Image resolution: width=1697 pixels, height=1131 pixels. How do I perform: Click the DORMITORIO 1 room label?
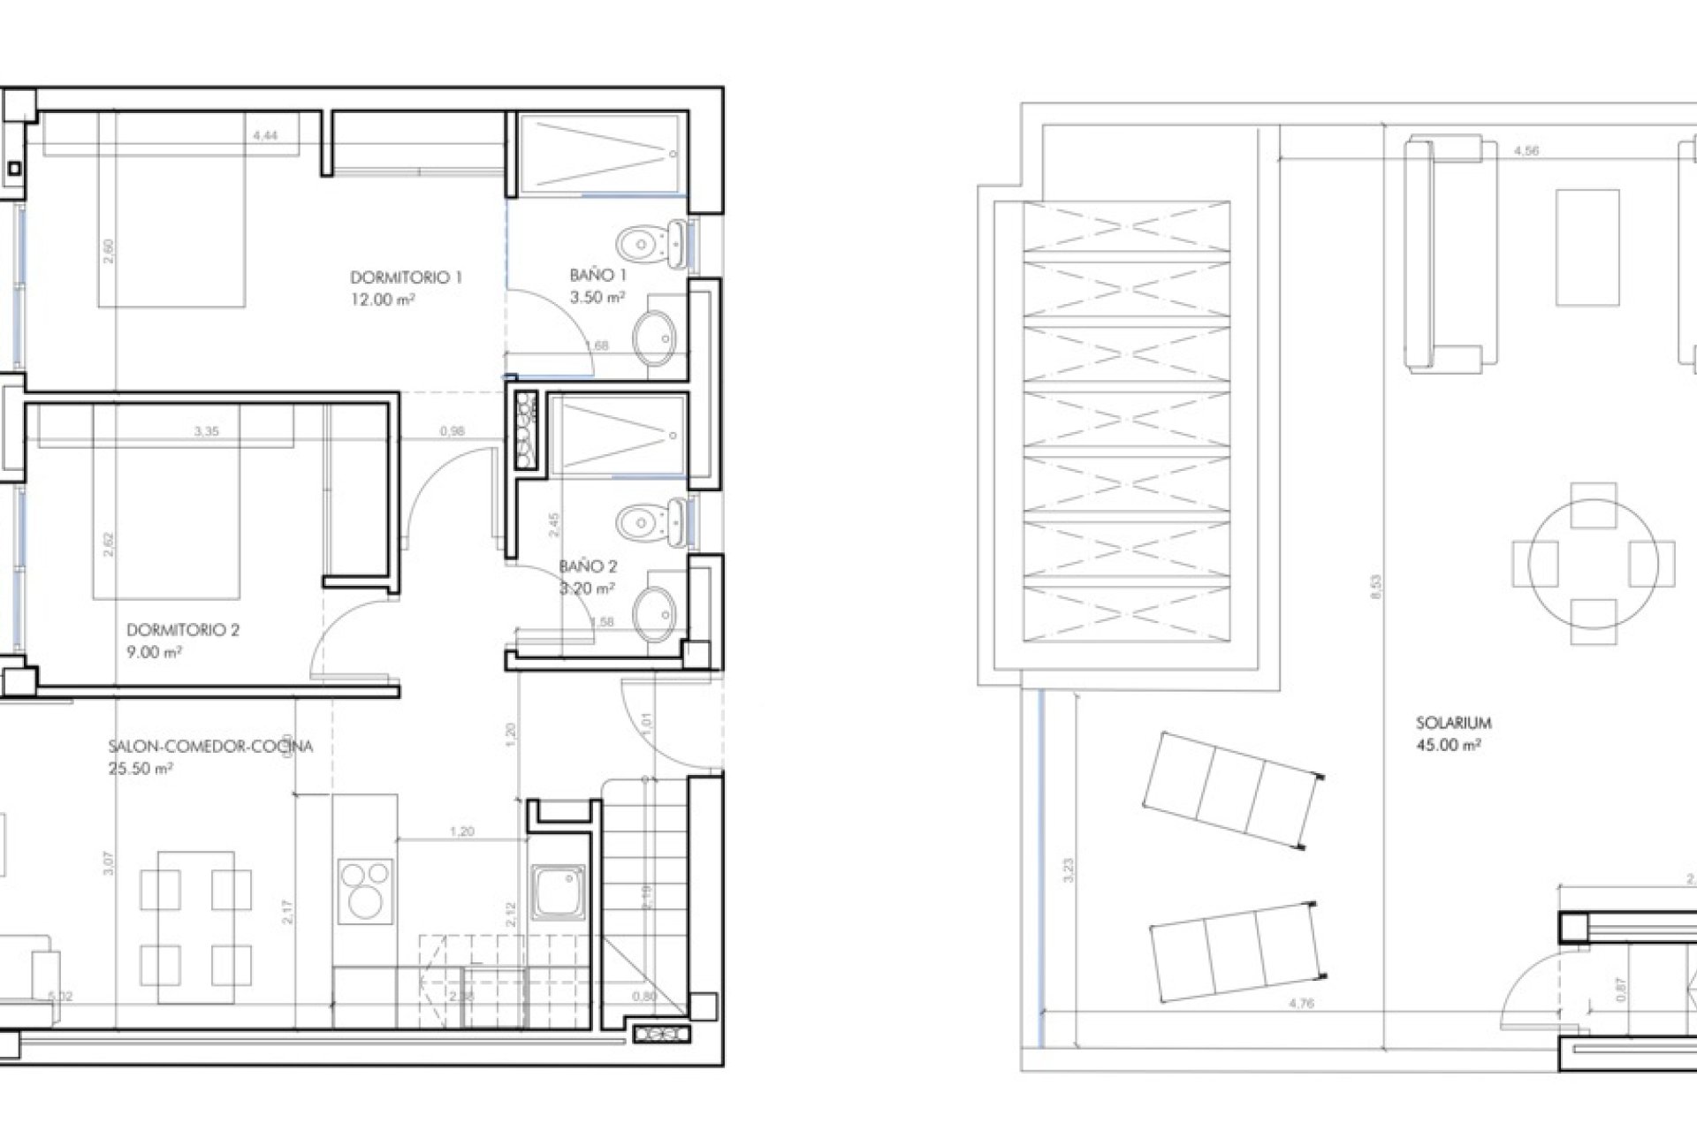406,277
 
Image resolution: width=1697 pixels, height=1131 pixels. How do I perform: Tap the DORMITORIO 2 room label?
183,631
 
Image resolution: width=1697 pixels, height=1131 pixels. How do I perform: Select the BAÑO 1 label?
598,276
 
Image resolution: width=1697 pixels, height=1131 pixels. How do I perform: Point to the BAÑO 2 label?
588,566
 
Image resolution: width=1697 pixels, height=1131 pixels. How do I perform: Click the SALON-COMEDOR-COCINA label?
210,747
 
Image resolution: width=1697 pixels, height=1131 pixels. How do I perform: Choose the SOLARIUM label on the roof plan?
1453,723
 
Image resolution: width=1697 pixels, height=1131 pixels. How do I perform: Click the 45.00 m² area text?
1448,745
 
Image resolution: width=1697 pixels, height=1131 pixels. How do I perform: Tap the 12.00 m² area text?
383,300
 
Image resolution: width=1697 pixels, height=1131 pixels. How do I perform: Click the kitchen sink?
558,892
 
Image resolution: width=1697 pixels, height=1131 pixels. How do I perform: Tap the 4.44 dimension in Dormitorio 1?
264,136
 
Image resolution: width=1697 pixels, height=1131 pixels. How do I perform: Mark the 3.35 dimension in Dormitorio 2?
206,432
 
